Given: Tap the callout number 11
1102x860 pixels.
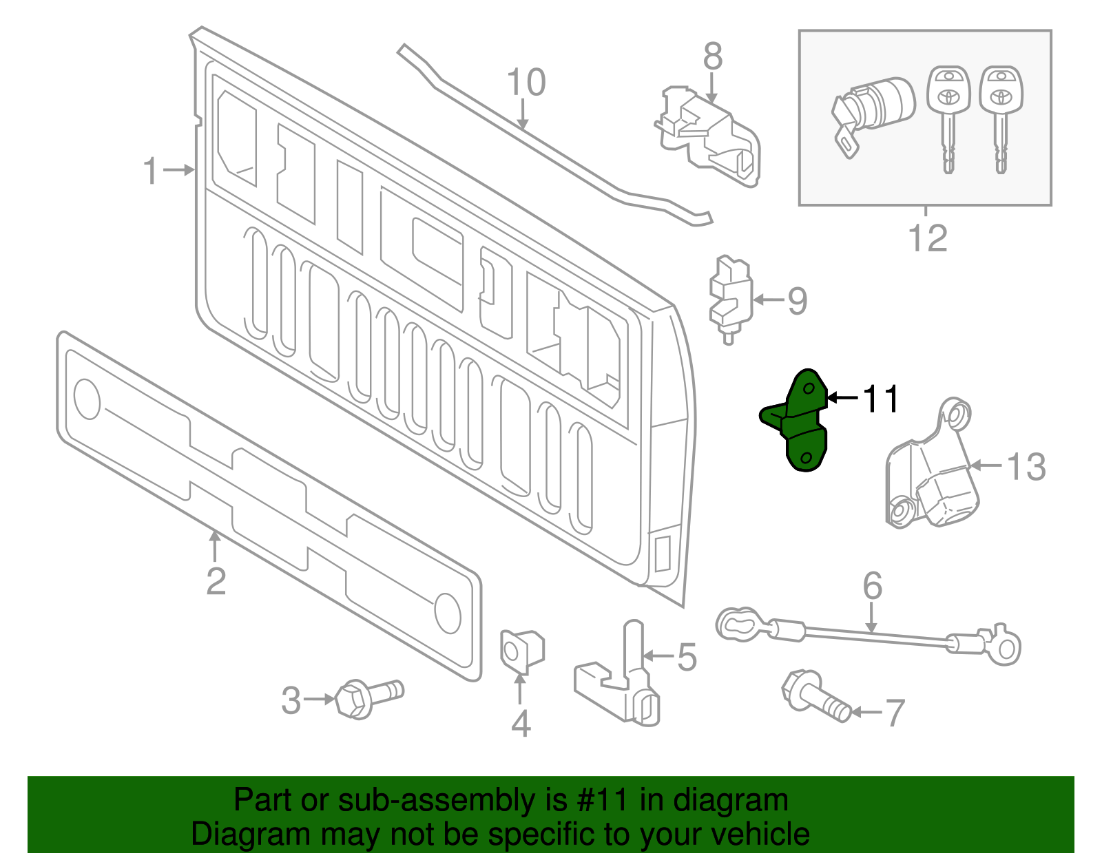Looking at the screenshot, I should [x=880, y=399].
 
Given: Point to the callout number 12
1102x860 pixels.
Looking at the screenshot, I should [x=927, y=238].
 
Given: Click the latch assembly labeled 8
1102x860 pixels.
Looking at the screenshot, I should [x=709, y=138].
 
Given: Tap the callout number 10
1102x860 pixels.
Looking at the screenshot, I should [x=526, y=83].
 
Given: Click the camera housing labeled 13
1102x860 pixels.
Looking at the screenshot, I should [x=933, y=475].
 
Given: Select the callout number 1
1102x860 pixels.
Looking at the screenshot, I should [x=150, y=170].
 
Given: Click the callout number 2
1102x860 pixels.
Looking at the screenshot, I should [x=216, y=581].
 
